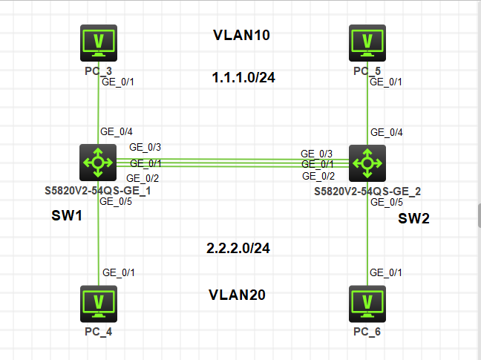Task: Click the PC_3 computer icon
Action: point(99,44)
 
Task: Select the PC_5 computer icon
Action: point(367,44)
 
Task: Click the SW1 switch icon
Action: point(98,162)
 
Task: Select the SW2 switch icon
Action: point(367,162)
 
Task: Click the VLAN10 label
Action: point(241,36)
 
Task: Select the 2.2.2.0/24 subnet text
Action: point(238,248)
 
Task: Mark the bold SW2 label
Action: point(413,219)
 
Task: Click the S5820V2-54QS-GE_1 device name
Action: point(98,190)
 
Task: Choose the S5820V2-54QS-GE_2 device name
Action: point(367,191)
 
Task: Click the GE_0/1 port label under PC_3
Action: point(117,82)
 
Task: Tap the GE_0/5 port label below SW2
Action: point(387,202)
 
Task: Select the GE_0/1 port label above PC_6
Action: point(387,272)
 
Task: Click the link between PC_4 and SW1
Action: point(98,245)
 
